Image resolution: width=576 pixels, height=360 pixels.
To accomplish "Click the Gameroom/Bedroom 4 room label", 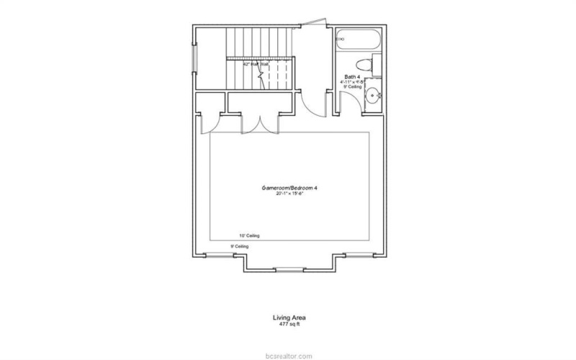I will [290, 187].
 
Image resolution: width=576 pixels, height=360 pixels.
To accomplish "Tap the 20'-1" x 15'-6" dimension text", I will [290, 194].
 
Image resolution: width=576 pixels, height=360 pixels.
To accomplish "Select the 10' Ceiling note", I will [249, 235].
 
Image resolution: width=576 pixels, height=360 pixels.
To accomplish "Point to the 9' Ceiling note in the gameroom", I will [239, 246].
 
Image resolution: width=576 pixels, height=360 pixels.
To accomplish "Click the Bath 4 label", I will [351, 76].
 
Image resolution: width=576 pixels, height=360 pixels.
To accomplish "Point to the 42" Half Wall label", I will [256, 64].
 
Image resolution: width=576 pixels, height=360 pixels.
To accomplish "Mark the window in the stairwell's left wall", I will [192, 61].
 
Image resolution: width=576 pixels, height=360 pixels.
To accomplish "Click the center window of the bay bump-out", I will [290, 269].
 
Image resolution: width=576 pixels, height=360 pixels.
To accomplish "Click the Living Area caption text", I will [289, 317].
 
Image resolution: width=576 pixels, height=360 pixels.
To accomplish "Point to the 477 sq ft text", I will [289, 323].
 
